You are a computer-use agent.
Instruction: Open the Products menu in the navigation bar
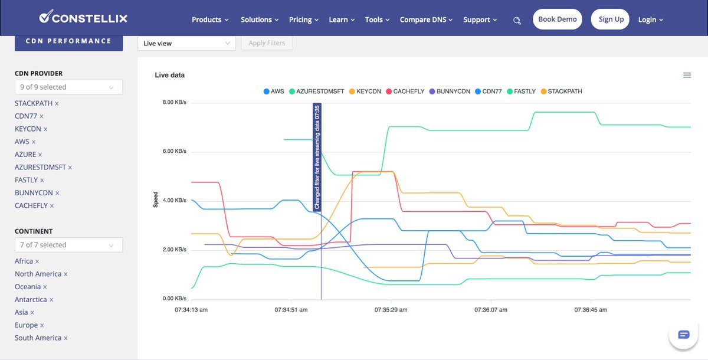tap(210, 19)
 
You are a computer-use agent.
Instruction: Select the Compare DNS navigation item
tap(426, 19)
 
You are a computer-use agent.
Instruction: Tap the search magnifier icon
tap(517, 21)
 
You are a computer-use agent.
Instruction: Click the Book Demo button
tap(557, 19)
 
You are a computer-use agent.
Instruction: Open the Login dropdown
tap(650, 19)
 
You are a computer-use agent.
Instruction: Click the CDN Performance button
tap(68, 41)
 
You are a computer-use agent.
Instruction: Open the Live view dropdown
tap(186, 43)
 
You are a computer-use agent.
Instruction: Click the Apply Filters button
tap(267, 43)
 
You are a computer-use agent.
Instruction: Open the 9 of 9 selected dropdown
tap(68, 87)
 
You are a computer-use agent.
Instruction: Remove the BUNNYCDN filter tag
tap(57, 193)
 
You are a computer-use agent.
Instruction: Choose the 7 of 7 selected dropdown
tap(68, 245)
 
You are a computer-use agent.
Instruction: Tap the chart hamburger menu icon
tap(687, 75)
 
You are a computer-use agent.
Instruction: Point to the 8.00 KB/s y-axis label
tap(175, 103)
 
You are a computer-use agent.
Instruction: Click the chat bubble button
tap(683, 335)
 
